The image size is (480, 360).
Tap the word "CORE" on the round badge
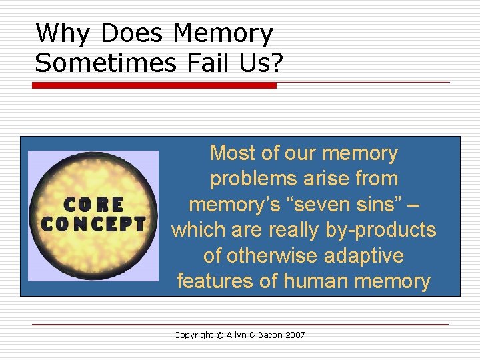coord(93,203)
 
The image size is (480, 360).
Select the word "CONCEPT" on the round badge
coord(93,223)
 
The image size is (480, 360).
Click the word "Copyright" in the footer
coord(194,335)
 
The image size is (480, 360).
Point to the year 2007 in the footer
coord(295,335)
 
